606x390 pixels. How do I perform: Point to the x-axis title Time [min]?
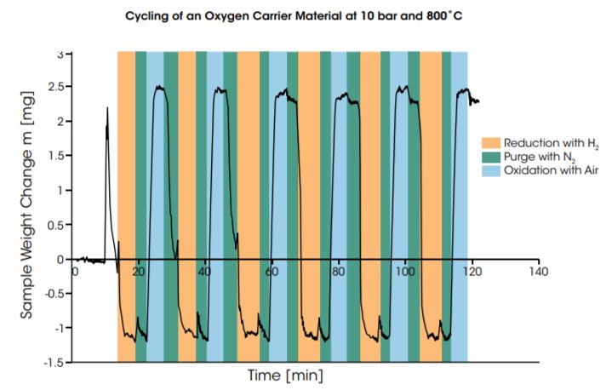coord(285,375)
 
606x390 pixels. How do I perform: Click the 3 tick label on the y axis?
coord(60,53)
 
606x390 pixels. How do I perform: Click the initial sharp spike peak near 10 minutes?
coord(107,108)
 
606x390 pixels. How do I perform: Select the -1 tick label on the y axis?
coord(56,328)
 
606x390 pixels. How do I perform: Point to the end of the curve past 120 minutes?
coord(479,101)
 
